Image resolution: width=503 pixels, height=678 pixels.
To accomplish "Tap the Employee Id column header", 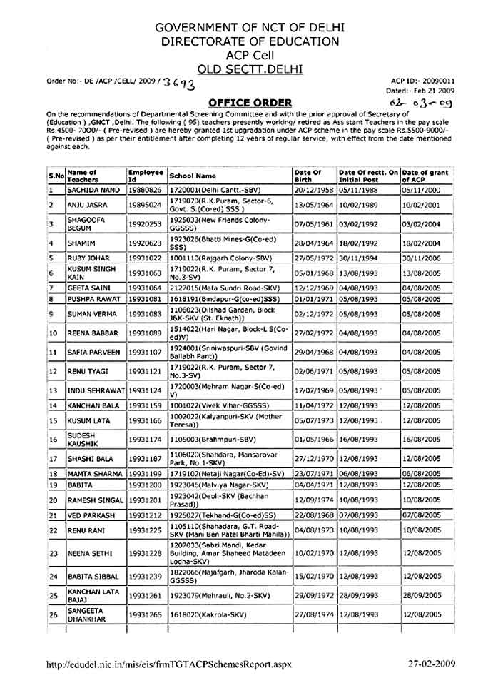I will point(146,176).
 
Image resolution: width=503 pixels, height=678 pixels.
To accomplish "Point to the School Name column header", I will point(193,176).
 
